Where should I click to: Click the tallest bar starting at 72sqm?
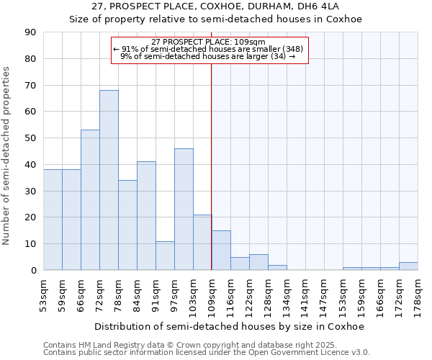tap(109, 180)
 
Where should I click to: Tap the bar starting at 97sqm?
tap(184, 209)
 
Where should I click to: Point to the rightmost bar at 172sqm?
tap(408, 266)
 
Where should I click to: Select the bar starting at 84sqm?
tap(146, 216)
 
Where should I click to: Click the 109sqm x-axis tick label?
tap(212, 295)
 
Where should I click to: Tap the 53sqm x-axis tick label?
tap(43, 295)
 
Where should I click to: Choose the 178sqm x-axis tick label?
tap(418, 295)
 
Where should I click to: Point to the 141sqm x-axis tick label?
tap(305, 295)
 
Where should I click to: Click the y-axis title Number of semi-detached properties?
tap(7, 155)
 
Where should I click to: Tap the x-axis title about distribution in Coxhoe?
tap(230, 326)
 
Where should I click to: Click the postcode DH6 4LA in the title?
tap(323, 6)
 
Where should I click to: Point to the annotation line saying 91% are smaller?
tap(208, 49)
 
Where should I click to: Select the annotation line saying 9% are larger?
tap(208, 56)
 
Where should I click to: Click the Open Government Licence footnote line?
tap(207, 353)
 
